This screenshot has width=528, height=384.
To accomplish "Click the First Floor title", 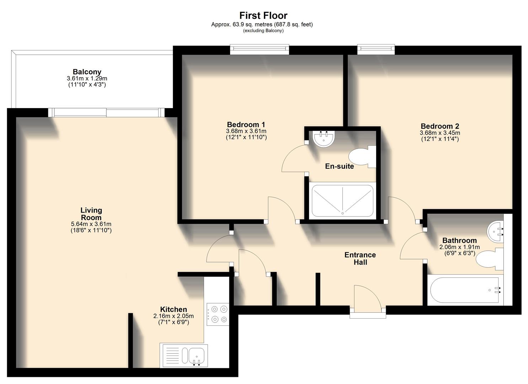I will pos(263,16).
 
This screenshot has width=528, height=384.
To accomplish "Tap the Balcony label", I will pos(87,72).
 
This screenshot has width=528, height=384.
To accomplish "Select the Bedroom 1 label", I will pos(246,125).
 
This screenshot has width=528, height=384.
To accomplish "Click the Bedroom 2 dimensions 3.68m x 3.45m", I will pos(440,133).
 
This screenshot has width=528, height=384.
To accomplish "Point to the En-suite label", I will pos(340,166).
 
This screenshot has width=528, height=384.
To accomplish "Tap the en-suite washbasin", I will pos(324,138).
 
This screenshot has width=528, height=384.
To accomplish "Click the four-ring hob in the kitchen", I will pos(217,314).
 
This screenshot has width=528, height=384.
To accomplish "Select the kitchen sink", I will pos(184,356).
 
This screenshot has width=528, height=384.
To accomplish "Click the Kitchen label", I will pos(174,309).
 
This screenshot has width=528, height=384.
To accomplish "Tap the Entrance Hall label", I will pos(360,259).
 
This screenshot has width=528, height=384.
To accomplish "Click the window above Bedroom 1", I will pos(259,49).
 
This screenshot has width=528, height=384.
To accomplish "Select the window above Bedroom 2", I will pos(376,49).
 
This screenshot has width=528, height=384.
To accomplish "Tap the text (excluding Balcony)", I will pos(263,31).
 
